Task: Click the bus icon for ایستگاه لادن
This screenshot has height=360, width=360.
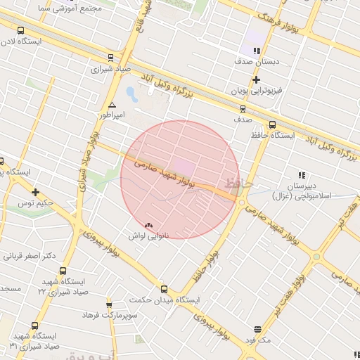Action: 20,31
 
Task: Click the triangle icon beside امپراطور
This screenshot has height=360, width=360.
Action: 112,105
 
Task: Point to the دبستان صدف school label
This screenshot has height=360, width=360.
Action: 260,62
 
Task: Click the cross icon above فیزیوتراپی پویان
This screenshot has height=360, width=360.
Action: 256,81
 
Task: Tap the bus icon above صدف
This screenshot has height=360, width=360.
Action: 243,109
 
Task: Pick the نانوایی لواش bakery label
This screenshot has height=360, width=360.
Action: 146,236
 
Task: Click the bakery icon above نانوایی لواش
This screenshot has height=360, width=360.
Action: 148,225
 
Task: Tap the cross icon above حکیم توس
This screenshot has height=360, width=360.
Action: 35,192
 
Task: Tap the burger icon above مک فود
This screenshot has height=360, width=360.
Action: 257,329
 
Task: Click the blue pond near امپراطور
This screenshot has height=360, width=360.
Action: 131,93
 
